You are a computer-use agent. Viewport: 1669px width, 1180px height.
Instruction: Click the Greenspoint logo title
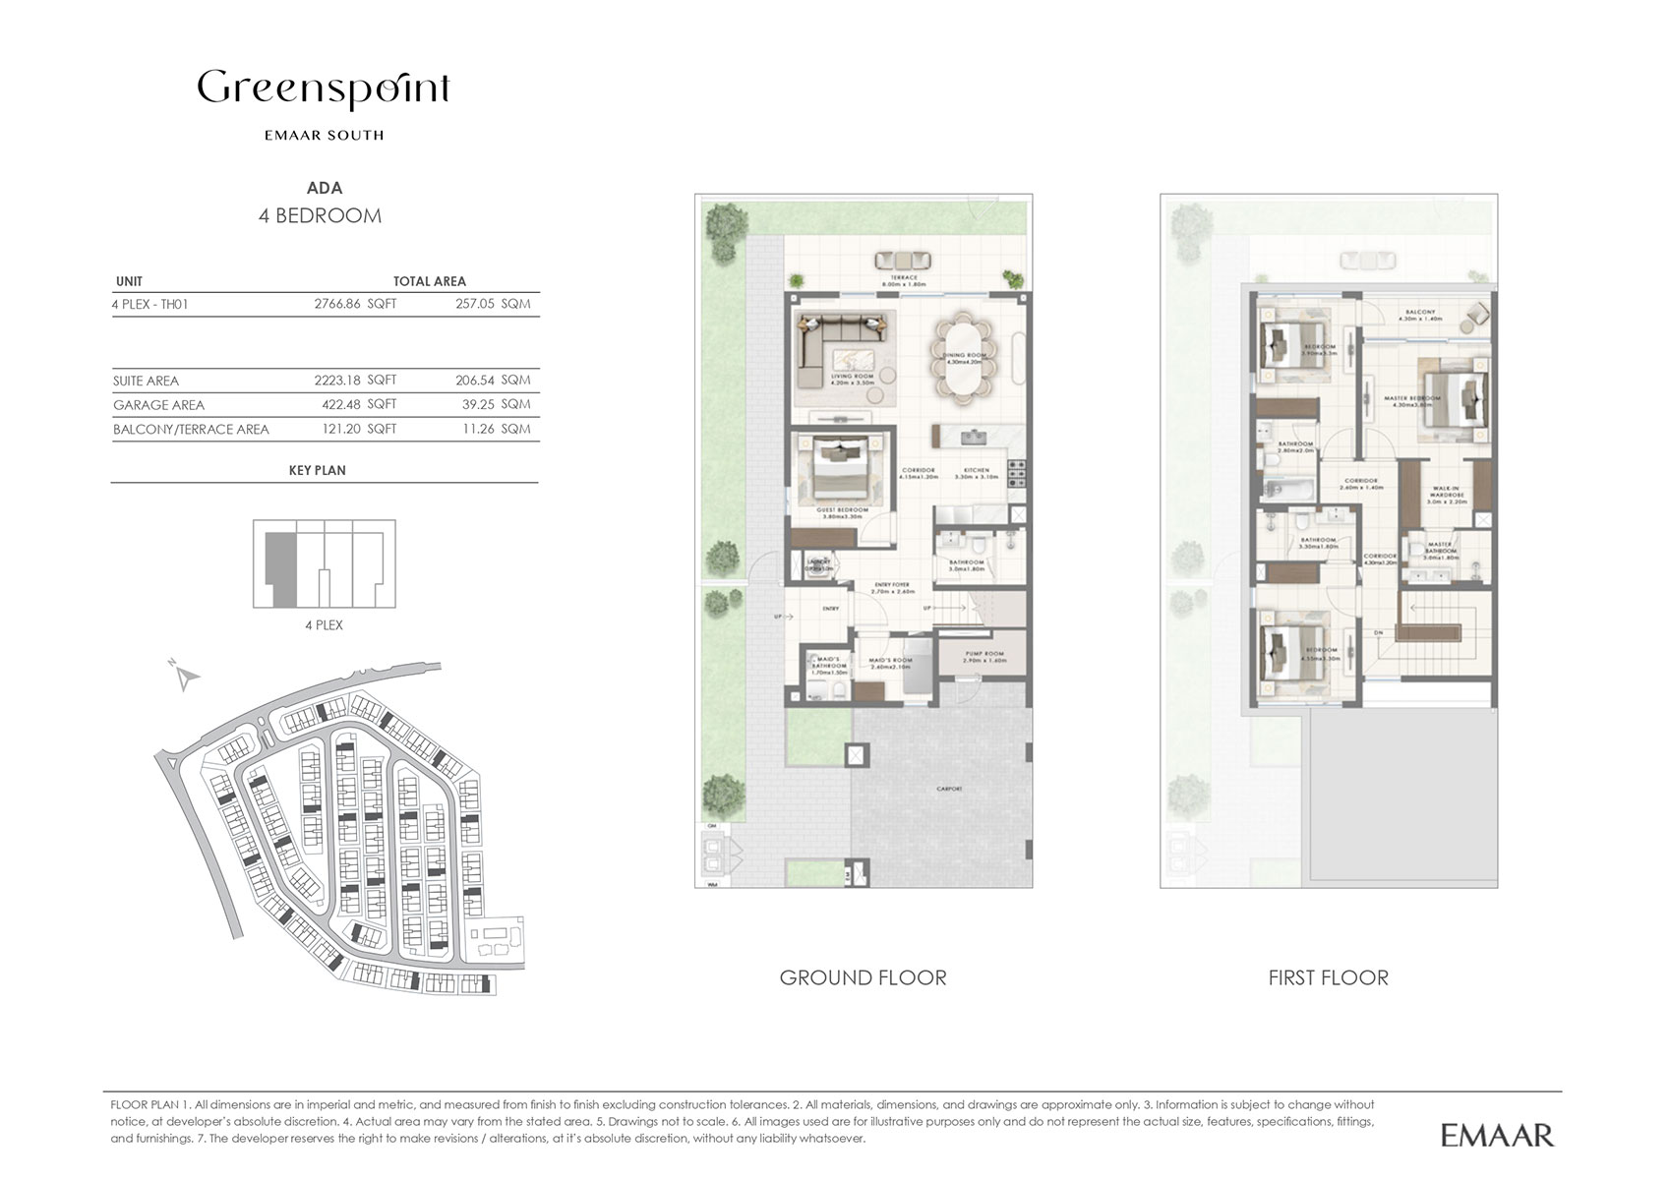click(324, 90)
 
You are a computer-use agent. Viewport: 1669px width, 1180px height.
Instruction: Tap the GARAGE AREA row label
click(158, 405)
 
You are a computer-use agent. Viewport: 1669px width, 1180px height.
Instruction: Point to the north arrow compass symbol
click(186, 676)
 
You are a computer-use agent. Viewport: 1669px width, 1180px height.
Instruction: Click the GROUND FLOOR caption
click(863, 977)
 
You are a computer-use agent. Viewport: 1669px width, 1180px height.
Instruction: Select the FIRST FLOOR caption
click(1328, 977)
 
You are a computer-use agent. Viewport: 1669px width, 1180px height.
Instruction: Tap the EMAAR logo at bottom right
click(1497, 1135)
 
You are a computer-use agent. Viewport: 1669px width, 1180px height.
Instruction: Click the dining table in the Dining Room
click(964, 354)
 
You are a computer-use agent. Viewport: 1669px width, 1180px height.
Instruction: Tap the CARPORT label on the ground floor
click(949, 790)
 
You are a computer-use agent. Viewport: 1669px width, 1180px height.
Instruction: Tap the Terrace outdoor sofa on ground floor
click(903, 261)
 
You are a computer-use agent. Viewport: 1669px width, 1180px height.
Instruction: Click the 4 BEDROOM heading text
click(320, 216)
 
